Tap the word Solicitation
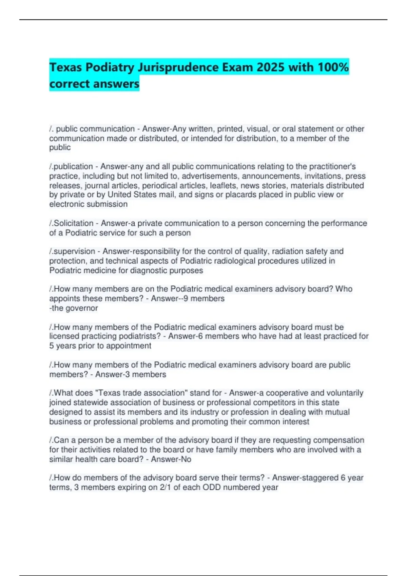(x=74, y=223)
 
